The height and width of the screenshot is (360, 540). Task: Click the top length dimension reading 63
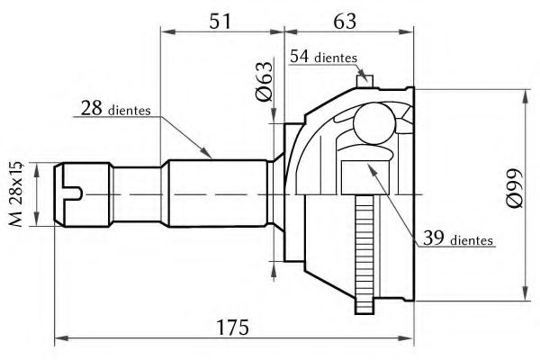[346, 20]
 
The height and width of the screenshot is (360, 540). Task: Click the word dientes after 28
[129, 112]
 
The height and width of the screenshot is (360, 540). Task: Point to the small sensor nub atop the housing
[364, 82]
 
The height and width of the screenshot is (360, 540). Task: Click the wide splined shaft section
[216, 193]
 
